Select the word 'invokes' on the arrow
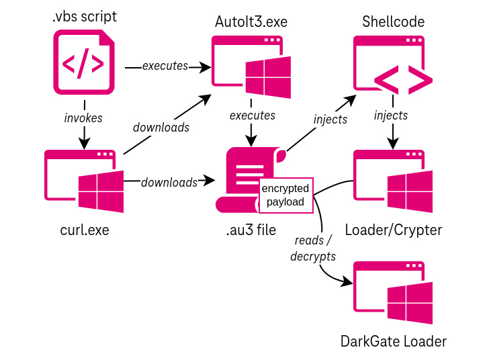click(x=83, y=118)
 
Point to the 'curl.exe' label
click(x=84, y=230)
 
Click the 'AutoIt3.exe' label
click(x=251, y=21)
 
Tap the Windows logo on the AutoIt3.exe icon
click(x=268, y=77)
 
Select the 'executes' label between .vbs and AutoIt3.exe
click(x=165, y=66)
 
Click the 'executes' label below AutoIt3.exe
click(x=252, y=115)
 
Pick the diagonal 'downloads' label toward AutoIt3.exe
click(x=161, y=127)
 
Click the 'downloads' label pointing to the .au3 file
click(x=169, y=182)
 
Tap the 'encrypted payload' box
click(x=285, y=195)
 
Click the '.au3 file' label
click(x=251, y=230)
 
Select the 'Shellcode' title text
click(x=393, y=21)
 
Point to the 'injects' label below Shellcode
click(x=391, y=115)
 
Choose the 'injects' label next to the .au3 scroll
click(x=330, y=120)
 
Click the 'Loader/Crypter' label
click(x=393, y=230)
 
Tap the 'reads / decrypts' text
click(x=312, y=248)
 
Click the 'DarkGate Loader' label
click(x=393, y=341)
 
